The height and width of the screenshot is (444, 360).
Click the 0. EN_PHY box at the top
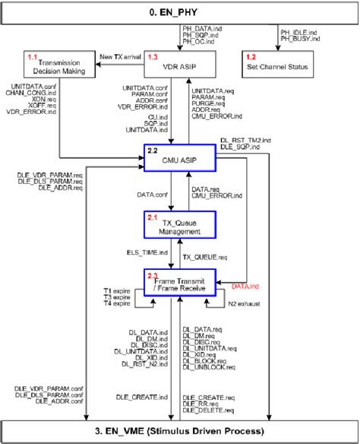point(180,12)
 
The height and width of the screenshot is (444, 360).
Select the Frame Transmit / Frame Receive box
point(179,284)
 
